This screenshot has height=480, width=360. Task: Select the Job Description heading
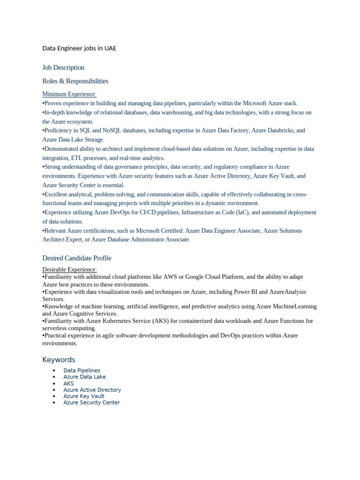63,67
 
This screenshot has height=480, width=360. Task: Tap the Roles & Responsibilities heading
75,81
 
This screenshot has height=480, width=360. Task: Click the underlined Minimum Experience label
69,94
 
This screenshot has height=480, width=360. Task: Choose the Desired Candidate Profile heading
77,258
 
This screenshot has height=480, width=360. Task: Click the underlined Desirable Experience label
69,270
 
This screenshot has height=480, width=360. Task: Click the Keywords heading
59,360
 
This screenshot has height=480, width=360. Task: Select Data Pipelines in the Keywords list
82,370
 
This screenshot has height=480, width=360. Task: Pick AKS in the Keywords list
68,383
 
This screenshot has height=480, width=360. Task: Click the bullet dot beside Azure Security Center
55,403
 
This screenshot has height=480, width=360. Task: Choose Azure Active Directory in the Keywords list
92,390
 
